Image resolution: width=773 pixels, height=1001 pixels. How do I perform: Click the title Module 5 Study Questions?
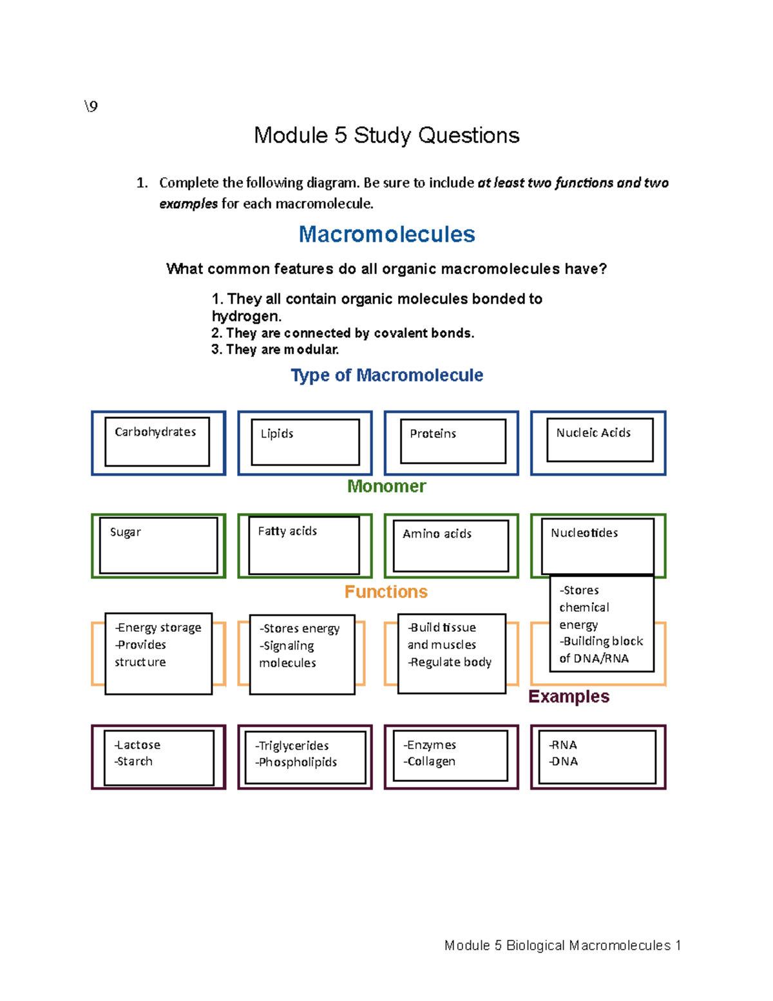click(386, 135)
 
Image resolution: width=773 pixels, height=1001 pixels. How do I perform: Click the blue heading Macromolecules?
click(386, 234)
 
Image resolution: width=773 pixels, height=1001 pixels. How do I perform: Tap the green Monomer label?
click(386, 486)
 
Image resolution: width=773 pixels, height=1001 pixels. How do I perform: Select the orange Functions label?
click(386, 592)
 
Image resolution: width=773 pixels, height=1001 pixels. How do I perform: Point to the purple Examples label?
click(569, 696)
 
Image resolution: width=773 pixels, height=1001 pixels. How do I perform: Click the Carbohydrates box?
click(157, 442)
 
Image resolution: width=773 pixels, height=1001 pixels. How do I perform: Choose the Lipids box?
click(305, 442)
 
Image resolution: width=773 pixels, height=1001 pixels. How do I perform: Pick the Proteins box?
click(452, 442)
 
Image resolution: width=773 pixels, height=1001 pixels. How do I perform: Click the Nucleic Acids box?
click(599, 440)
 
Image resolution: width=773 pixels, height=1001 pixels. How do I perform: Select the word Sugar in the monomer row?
click(126, 532)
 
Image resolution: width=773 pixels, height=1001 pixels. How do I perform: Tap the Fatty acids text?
click(287, 531)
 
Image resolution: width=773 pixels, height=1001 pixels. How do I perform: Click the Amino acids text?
click(437, 534)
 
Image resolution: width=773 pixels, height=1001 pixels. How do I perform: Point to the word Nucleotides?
click(584, 533)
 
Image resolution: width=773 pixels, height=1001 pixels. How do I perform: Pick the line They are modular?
click(275, 349)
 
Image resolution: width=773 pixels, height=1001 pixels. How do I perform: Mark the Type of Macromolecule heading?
click(386, 375)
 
